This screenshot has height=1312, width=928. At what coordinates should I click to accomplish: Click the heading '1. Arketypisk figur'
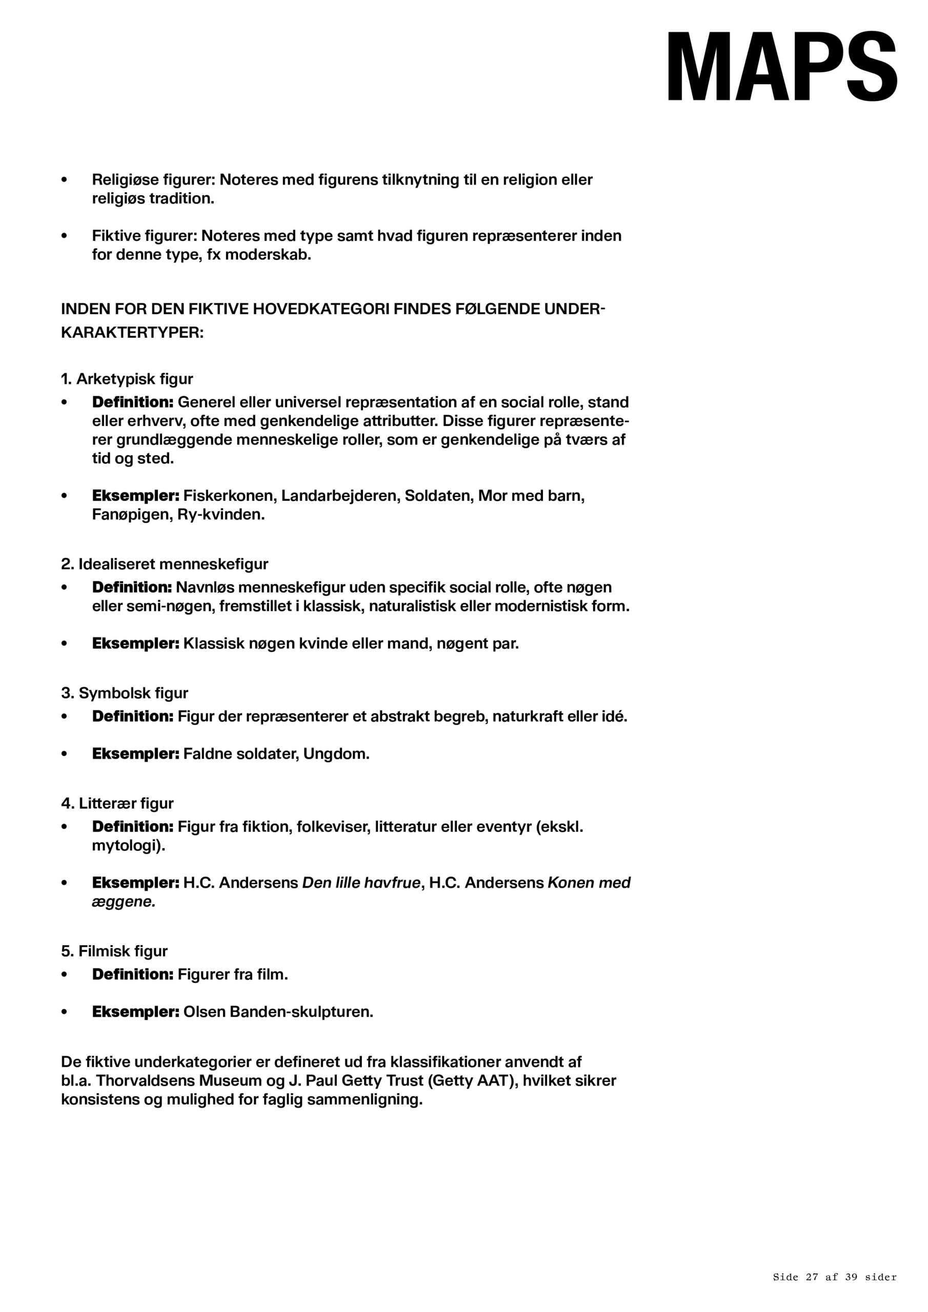127,379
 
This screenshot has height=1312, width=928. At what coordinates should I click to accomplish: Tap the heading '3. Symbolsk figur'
125,693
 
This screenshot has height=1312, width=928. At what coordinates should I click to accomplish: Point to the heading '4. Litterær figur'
117,804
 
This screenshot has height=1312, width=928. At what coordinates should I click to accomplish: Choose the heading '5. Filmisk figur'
114,951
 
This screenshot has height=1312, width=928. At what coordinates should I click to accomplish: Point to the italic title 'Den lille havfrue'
361,883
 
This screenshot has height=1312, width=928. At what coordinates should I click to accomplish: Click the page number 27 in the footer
812,1277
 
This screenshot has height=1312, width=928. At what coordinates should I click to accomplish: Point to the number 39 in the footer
851,1277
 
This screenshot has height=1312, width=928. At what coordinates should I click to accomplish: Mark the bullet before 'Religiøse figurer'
64,180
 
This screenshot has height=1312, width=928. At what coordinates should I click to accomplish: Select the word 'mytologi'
127,845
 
